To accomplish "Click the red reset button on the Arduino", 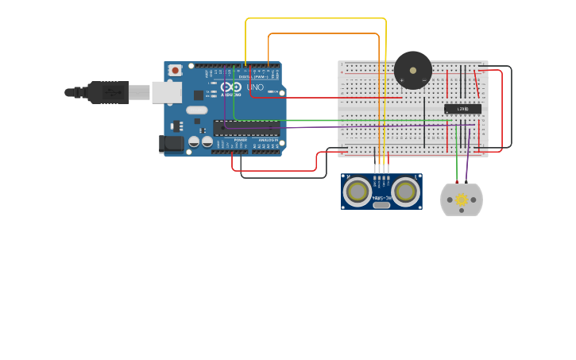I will pos(175,70).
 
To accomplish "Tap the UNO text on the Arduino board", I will pos(255,87).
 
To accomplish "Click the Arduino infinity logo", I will pos(231,87).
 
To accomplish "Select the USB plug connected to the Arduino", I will pos(107,92).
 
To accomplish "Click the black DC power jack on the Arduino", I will pos(170,144).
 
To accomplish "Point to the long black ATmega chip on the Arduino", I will pos(245,127).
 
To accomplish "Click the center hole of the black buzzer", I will pos(413,70).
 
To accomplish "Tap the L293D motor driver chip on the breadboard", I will pos(462,108).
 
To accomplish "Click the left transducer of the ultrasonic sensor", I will pos(358,191).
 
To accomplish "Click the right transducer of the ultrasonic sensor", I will pos(405,191).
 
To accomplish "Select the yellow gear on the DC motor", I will pos(462,200).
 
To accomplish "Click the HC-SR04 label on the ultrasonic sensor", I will pos(382,198).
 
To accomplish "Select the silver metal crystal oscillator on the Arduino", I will pos(197,110).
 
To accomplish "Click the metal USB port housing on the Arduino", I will pos(166,93).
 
